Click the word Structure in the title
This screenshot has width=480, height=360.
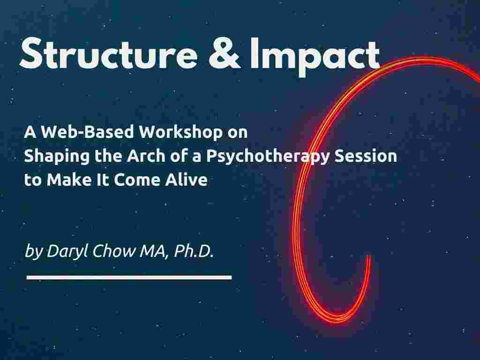pyautogui.click(x=109, y=53)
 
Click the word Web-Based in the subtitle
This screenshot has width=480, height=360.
pyautogui.click(x=88, y=132)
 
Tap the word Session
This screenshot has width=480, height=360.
pyautogui.click(x=366, y=156)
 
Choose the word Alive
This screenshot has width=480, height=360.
pyautogui.click(x=187, y=180)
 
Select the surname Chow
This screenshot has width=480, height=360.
pyautogui.click(x=113, y=251)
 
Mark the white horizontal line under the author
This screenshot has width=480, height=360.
pyautogui.click(x=129, y=277)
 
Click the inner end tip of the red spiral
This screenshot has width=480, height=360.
pyautogui.click(x=368, y=256)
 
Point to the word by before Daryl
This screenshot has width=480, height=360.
pyautogui.click(x=34, y=252)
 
